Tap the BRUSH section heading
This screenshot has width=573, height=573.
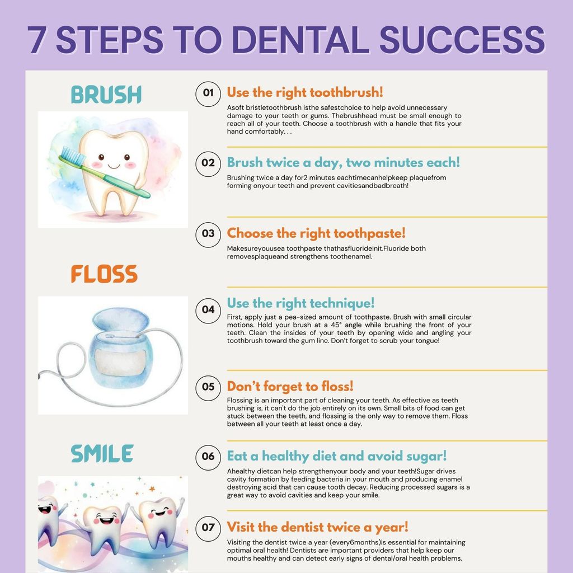tap(106, 95)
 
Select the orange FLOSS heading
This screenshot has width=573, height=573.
tap(104, 274)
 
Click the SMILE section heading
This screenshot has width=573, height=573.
tap(102, 454)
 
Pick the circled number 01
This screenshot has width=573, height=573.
tap(208, 93)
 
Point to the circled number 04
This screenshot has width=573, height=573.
tap(208, 309)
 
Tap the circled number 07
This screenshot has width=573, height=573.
tap(208, 527)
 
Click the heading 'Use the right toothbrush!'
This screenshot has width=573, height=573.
tap(305, 92)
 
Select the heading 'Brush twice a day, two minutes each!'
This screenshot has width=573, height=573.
tap(343, 162)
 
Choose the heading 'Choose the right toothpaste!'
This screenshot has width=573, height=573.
tap(316, 233)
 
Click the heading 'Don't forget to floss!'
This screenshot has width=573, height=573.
tap(290, 386)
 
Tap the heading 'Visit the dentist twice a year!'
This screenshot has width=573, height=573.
tap(317, 527)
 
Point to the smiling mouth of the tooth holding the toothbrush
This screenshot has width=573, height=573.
tap(114, 166)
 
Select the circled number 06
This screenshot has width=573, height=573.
tap(208, 456)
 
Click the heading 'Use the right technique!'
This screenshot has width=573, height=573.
tap(300, 303)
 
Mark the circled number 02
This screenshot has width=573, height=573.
tap(208, 163)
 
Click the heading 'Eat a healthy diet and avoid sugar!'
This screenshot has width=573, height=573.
tap(336, 456)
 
